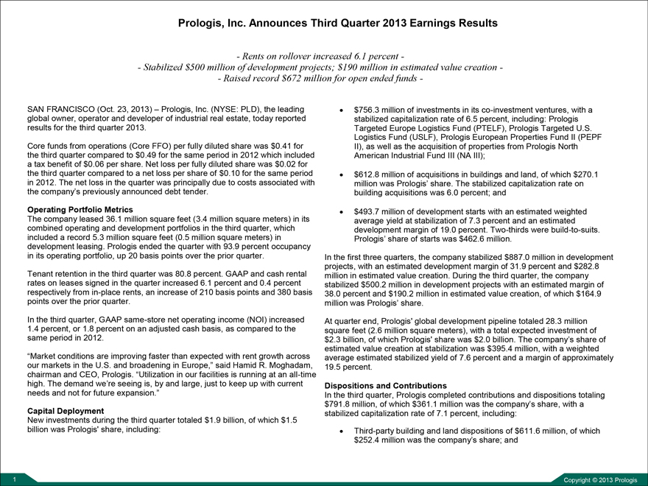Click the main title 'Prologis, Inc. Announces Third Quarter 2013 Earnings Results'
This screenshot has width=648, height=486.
tap(338, 23)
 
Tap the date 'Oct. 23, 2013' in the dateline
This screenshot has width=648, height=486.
tap(121, 109)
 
